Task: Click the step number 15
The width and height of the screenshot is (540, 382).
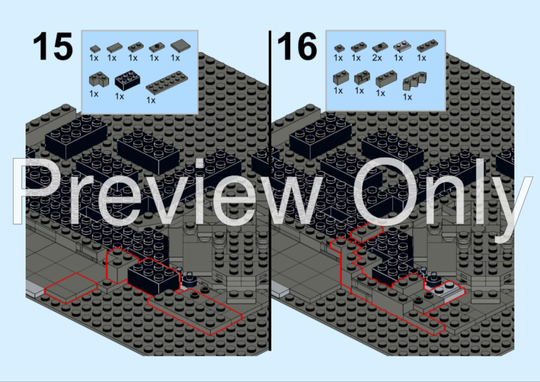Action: point(53,46)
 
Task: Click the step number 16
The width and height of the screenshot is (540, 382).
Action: point(297,46)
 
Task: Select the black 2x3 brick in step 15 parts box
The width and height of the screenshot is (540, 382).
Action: point(127,82)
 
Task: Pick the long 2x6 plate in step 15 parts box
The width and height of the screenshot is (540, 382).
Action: point(167,82)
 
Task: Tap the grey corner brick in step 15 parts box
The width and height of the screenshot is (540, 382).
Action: point(99,79)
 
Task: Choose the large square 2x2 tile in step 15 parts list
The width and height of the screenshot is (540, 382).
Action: point(180,45)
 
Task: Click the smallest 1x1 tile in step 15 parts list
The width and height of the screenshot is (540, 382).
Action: point(94,49)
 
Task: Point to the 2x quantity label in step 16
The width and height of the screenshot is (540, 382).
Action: point(376,58)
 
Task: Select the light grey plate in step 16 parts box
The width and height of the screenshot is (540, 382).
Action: point(401,46)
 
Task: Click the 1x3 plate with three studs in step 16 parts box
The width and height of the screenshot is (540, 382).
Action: point(427,46)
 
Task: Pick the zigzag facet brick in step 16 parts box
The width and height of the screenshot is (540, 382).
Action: point(415,81)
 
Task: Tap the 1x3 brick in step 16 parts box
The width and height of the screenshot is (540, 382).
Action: point(385,79)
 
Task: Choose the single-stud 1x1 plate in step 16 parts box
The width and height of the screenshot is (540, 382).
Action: point(339,48)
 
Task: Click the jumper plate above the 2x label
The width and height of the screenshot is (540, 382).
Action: point(380,47)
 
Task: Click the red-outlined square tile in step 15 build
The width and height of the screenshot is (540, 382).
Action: point(71,288)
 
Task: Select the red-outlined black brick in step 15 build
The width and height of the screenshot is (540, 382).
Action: point(153,275)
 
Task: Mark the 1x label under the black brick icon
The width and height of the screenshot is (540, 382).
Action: point(119,96)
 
